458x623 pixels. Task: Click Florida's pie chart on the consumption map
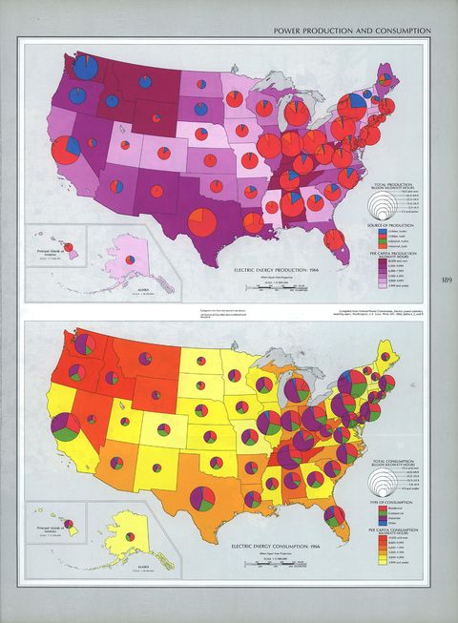(335, 516)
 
